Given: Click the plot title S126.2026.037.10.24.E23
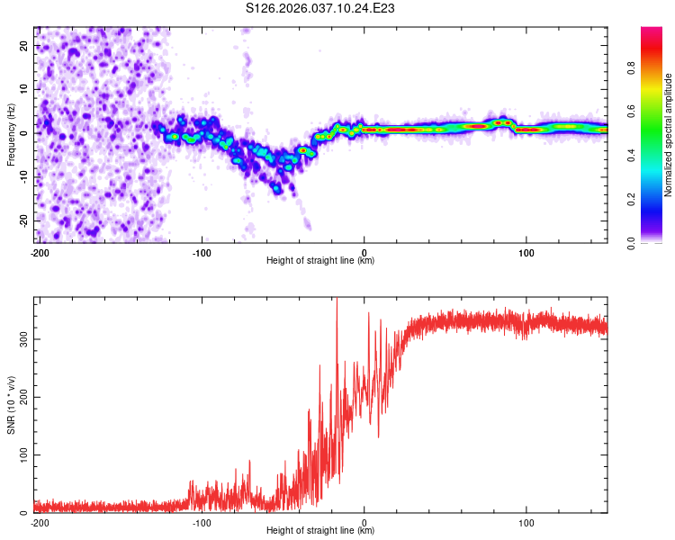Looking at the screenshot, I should click(x=321, y=8).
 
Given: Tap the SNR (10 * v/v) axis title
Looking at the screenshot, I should click(x=12, y=405).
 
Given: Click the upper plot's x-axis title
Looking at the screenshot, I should click(x=320, y=260).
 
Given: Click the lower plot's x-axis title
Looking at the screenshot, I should click(x=320, y=530).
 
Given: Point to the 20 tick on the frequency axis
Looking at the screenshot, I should click(x=24, y=45).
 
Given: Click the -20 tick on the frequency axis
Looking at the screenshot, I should click(x=22, y=220).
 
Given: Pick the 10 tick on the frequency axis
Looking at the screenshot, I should click(x=24, y=89).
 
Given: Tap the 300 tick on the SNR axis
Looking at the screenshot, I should click(x=21, y=338).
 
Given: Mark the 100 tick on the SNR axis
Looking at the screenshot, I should click(x=21, y=455).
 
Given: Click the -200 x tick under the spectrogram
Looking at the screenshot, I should click(x=39, y=253).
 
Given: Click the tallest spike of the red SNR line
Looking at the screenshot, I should click(x=337, y=300).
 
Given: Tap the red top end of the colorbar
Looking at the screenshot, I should click(x=652, y=31).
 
